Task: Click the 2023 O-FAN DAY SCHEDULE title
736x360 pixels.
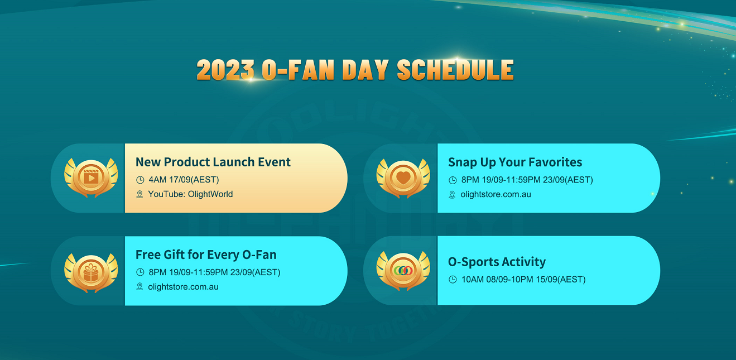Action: (x=355, y=70)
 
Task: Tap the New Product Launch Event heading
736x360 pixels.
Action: (x=213, y=162)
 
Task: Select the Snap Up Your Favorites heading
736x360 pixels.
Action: (x=515, y=162)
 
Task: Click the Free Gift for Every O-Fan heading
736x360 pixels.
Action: (x=206, y=255)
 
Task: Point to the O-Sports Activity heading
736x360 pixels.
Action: (x=497, y=262)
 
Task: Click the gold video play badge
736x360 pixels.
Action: (x=91, y=177)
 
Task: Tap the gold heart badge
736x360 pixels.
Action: (x=403, y=178)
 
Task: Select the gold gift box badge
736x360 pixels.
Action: (x=91, y=272)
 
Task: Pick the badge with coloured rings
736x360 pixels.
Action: (x=403, y=271)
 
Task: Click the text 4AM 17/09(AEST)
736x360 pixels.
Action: (x=184, y=180)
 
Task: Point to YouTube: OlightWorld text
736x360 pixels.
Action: (x=190, y=194)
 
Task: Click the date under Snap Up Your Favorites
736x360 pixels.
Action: (x=527, y=180)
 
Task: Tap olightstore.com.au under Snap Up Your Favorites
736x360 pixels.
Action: (x=496, y=195)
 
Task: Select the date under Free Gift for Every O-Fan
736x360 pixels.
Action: (x=214, y=272)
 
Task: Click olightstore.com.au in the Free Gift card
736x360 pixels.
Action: (x=183, y=287)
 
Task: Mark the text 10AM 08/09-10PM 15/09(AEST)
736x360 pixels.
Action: (x=523, y=280)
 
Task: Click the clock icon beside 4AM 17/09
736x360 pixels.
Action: (x=140, y=180)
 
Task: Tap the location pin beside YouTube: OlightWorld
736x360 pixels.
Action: (x=139, y=195)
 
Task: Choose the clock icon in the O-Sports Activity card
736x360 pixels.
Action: (x=453, y=280)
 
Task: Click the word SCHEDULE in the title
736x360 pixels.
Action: (x=455, y=70)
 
